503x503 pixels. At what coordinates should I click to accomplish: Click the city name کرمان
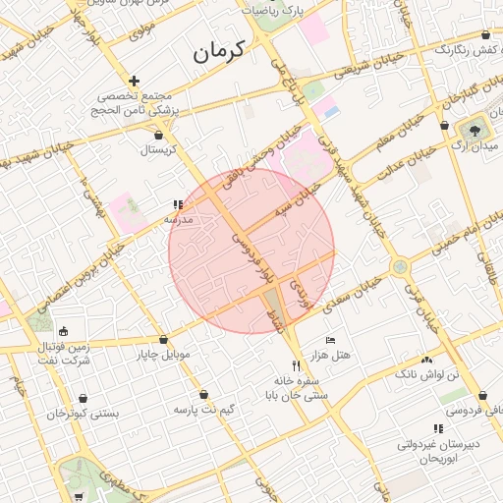click(x=232, y=53)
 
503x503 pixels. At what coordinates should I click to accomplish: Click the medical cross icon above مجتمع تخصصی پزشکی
click(x=135, y=81)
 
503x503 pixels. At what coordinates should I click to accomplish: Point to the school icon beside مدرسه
click(x=178, y=205)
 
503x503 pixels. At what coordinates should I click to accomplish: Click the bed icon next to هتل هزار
click(x=330, y=339)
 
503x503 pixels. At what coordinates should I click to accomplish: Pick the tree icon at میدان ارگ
click(x=475, y=128)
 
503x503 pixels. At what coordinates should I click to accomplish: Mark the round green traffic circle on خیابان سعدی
click(x=400, y=266)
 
